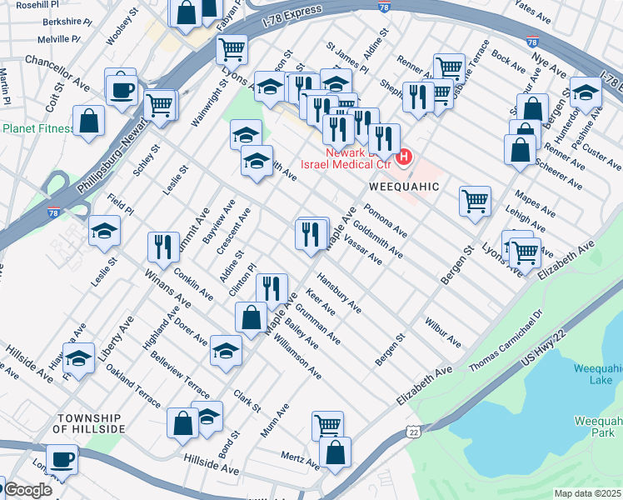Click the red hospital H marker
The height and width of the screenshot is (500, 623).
pyautogui.click(x=405, y=156)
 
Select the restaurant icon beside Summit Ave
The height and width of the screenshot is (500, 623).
pyautogui.click(x=162, y=246)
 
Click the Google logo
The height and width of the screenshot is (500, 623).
pyautogui.click(x=28, y=490)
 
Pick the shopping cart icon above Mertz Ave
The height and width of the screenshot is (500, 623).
pyautogui.click(x=327, y=425)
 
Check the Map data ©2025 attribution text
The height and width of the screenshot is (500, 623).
pyautogui.click(x=586, y=493)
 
